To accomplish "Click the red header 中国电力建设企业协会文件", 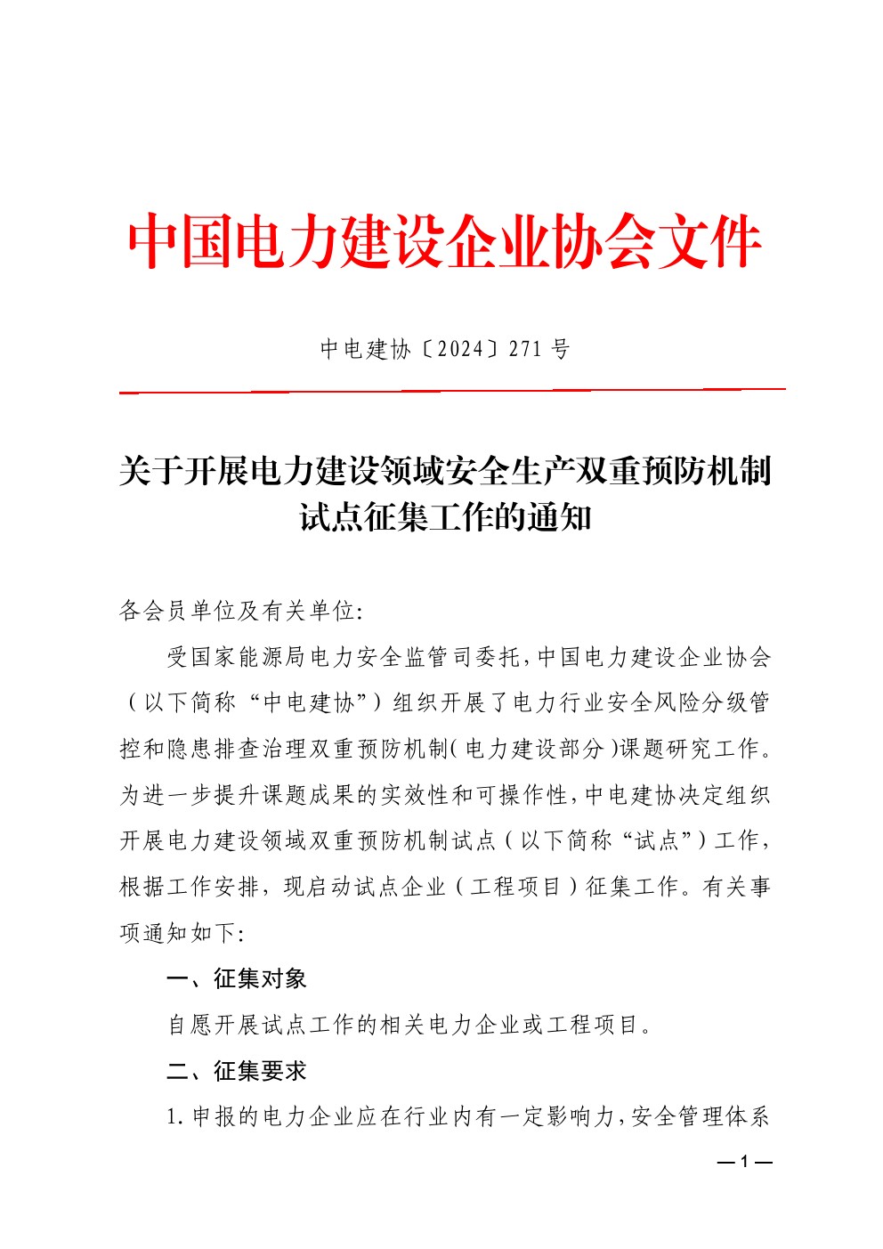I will tap(442, 242).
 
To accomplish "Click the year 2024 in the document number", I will tap(461, 349).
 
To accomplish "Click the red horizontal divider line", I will tap(452, 390).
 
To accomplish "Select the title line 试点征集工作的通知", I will tap(445, 516).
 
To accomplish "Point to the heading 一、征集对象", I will tap(236, 979).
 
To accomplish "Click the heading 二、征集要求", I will tap(236, 1071).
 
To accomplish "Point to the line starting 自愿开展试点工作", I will tap(409, 1025).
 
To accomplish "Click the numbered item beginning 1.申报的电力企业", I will tap(467, 1116).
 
